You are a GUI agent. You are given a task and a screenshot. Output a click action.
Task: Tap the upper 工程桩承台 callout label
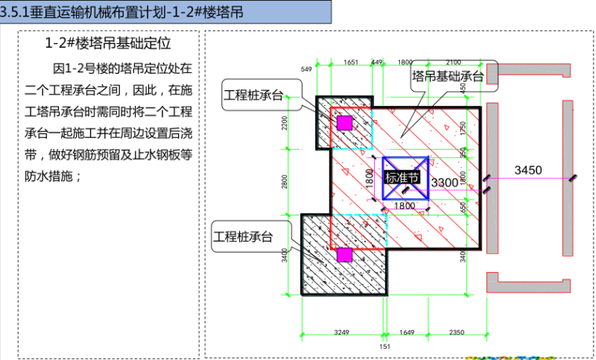point(253,94)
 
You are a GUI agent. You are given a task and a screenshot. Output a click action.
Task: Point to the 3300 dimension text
point(445,183)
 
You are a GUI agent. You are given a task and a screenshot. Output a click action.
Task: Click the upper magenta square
point(344,122)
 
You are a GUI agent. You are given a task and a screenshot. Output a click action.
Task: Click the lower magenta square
point(343,254)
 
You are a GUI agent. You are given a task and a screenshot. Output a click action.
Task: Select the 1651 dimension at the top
point(351,62)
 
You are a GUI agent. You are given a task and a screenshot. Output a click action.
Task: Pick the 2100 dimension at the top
point(453,62)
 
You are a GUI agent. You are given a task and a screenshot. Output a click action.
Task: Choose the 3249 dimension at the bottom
point(342,333)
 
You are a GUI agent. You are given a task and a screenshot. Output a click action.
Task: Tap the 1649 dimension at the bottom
point(408,333)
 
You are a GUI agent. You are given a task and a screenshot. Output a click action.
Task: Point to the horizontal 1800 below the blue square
point(405,206)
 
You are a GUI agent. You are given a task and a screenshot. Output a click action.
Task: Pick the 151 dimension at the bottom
point(384,346)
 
